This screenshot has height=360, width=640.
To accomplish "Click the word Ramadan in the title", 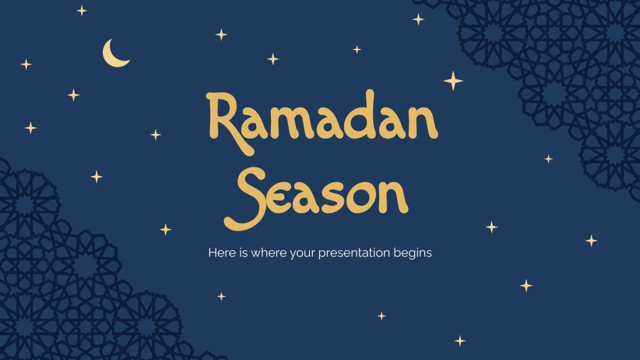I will tap(321, 120).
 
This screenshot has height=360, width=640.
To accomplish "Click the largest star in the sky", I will tap(453, 81).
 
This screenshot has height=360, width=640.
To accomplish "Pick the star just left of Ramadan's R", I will tap(155, 135).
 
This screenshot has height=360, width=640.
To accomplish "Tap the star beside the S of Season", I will tap(166, 229).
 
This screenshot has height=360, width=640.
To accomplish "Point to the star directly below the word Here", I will tap(221, 296).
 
